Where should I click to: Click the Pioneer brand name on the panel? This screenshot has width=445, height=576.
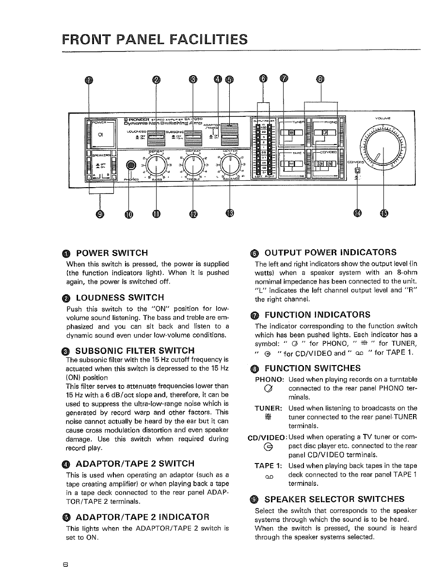point(130,119)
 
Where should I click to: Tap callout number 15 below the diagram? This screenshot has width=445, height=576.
point(384,214)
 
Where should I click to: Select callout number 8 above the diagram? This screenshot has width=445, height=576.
point(320,80)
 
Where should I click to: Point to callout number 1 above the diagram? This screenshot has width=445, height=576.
point(88,80)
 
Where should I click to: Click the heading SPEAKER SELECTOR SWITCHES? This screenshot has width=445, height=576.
point(334,499)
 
